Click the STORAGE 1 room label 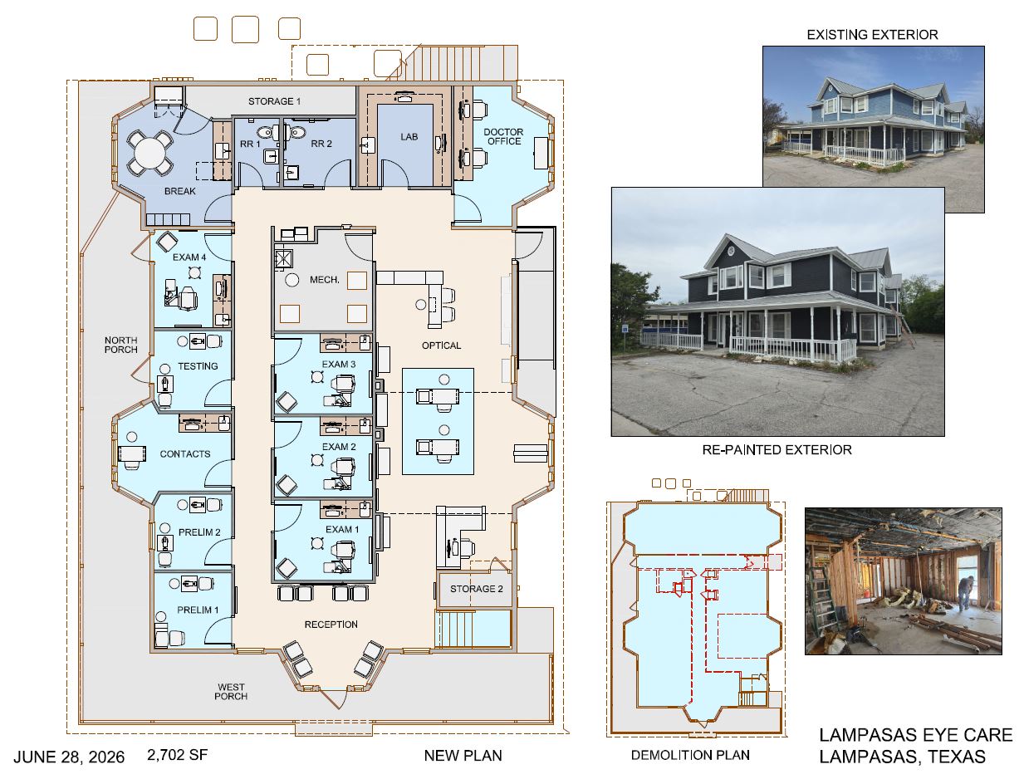(274, 101)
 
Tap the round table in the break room (149, 153)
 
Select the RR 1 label (250, 145)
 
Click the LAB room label (409, 137)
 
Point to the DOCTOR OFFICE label (503, 137)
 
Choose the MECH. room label (324, 280)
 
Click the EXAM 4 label (189, 257)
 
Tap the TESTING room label (198, 366)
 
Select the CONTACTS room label (184, 454)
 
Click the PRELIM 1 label (198, 610)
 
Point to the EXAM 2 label (339, 447)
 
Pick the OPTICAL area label (441, 345)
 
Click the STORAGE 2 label (477, 589)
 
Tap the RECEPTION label (331, 625)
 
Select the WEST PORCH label (231, 692)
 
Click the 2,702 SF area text (177, 755)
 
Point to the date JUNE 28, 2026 (69, 757)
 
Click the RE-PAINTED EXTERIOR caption (777, 449)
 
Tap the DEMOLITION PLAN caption (690, 755)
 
